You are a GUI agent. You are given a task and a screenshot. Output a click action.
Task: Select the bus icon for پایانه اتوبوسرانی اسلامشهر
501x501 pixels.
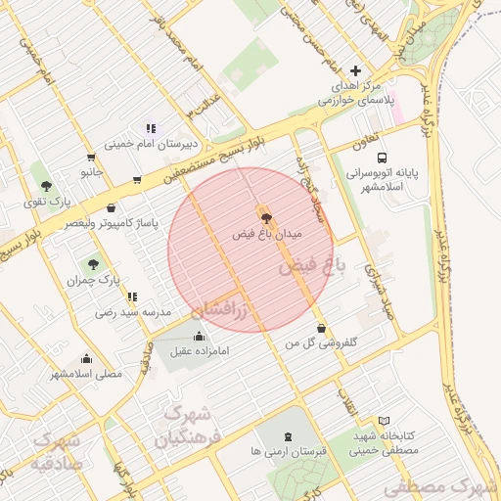381,157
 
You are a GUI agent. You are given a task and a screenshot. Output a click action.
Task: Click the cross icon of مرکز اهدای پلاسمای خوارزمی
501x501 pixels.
355,70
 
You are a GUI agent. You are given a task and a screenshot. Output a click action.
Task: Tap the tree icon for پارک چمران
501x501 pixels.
93,263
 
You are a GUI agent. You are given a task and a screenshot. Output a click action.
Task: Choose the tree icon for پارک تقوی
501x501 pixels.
46,184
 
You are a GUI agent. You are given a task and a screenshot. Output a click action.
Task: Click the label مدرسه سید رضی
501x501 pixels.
133,313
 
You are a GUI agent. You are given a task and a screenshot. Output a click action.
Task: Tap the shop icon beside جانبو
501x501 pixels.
91,157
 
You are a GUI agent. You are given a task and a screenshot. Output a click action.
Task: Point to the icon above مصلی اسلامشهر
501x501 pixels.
86,358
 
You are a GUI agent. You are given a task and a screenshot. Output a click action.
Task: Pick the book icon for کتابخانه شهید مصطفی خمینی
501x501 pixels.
384,420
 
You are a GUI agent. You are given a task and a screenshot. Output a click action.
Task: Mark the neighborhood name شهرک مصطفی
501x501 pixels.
439,486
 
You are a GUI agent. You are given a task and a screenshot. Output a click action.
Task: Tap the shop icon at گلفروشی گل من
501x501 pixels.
322,328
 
